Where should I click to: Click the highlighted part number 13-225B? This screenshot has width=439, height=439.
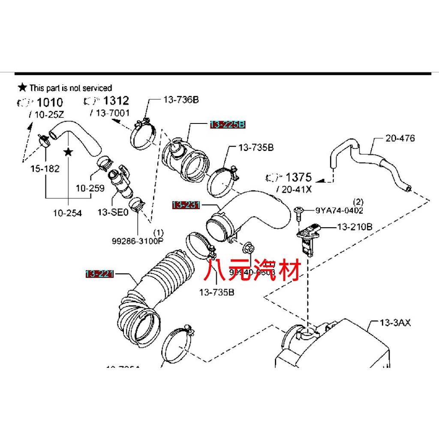pyautogui.click(x=227, y=125)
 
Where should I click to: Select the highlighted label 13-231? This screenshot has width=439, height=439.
pyautogui.click(x=186, y=205)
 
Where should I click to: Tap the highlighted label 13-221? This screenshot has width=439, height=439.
pyautogui.click(x=99, y=274)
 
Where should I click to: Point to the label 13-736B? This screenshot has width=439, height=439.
pyautogui.click(x=181, y=100)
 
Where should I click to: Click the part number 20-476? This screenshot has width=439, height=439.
pyautogui.click(x=400, y=138)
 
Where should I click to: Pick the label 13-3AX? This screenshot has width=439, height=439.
pyautogui.click(x=395, y=322)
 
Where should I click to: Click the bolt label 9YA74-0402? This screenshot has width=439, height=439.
pyautogui.click(x=340, y=210)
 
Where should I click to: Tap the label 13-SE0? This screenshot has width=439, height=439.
pyautogui.click(x=113, y=212)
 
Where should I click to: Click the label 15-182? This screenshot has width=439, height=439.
pyautogui.click(x=45, y=168)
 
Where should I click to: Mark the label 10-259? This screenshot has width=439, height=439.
pyautogui.click(x=90, y=188)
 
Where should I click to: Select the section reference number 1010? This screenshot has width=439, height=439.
pyautogui.click(x=50, y=102)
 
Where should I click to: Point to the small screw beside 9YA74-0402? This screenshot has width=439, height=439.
pyautogui.click(x=299, y=213)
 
